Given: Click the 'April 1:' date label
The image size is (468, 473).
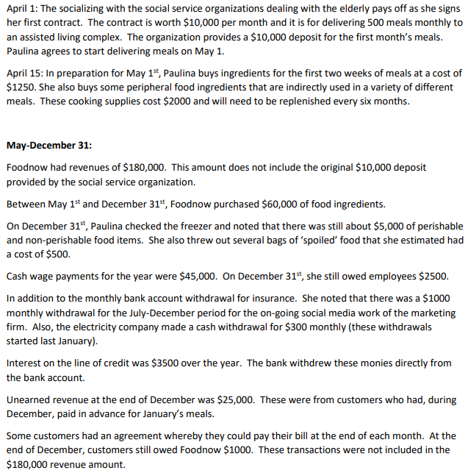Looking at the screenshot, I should coord(22,8).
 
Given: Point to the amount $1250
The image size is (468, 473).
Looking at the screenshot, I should coord(21,87).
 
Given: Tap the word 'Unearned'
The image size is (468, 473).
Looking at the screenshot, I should coord(29,399).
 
